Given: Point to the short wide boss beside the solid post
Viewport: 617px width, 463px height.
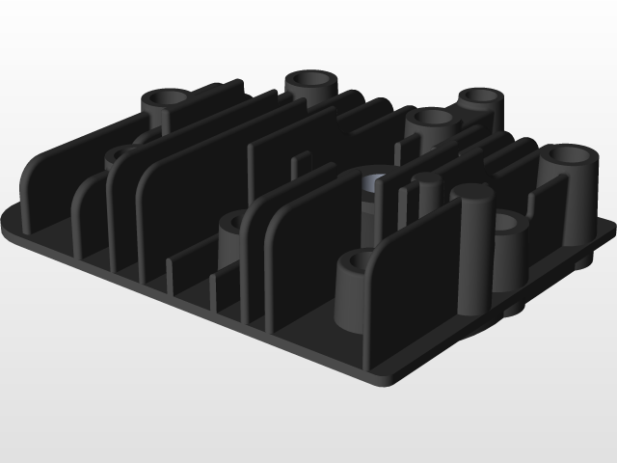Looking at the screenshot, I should click(511, 246).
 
